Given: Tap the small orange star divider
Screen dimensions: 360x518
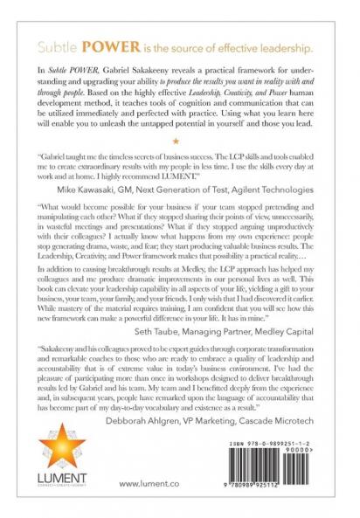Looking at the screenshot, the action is (x=179, y=140).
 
